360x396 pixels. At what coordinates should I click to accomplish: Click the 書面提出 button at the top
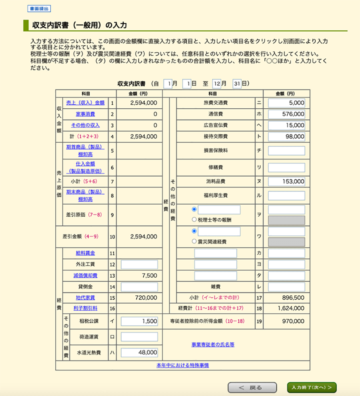click(39, 8)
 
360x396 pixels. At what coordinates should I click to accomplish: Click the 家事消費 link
click(85, 114)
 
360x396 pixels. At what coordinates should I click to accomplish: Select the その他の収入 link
click(85, 125)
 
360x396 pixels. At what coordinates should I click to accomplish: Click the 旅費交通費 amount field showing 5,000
click(286, 103)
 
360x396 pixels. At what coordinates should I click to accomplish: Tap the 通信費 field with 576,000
click(286, 114)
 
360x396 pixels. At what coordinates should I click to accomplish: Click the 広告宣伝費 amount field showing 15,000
click(286, 125)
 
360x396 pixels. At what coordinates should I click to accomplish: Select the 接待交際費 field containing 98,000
click(286, 136)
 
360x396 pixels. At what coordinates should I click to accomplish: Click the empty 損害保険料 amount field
click(286, 151)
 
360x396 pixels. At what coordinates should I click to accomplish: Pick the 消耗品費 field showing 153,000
click(286, 181)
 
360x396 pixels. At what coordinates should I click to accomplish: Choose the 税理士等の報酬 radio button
click(194, 219)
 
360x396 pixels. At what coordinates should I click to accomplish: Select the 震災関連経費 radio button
click(194, 242)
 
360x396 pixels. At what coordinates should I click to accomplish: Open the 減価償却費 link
click(85, 276)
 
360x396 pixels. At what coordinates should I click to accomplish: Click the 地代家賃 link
click(85, 298)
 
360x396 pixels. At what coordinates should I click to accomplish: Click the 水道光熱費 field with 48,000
click(139, 352)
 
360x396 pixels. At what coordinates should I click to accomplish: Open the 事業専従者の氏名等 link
click(213, 344)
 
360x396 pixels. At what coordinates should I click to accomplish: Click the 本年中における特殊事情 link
click(182, 365)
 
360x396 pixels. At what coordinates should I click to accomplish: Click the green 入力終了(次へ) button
click(312, 387)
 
